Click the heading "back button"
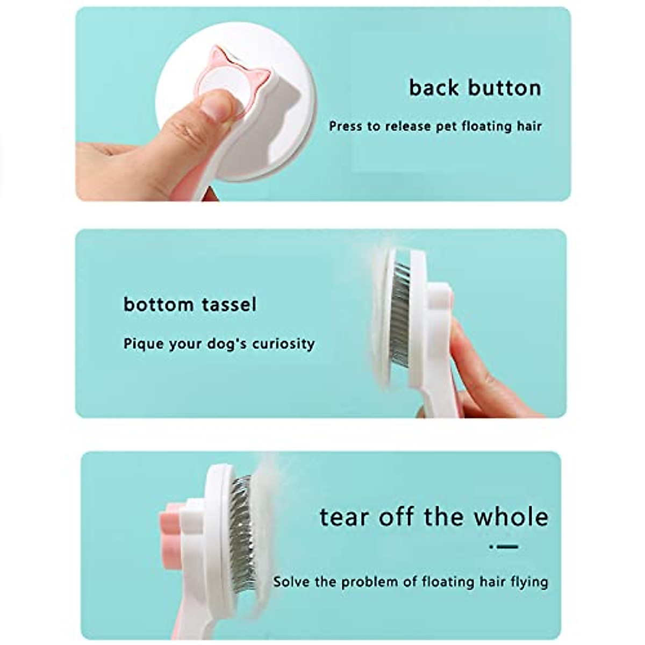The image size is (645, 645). tap(475, 88)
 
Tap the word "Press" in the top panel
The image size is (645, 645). tap(345, 127)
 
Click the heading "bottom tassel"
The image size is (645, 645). tap(190, 305)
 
